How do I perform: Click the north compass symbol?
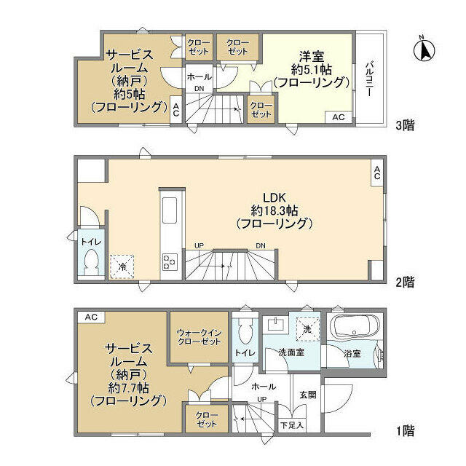[425, 49]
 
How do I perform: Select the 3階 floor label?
[405, 125]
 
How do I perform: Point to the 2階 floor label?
[405, 280]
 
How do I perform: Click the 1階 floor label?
[405, 431]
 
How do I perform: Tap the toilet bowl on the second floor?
[91, 261]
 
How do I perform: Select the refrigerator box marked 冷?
[121, 266]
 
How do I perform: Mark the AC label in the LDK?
[376, 173]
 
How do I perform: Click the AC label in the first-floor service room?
[90, 317]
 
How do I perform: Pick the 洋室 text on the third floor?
[311, 55]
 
